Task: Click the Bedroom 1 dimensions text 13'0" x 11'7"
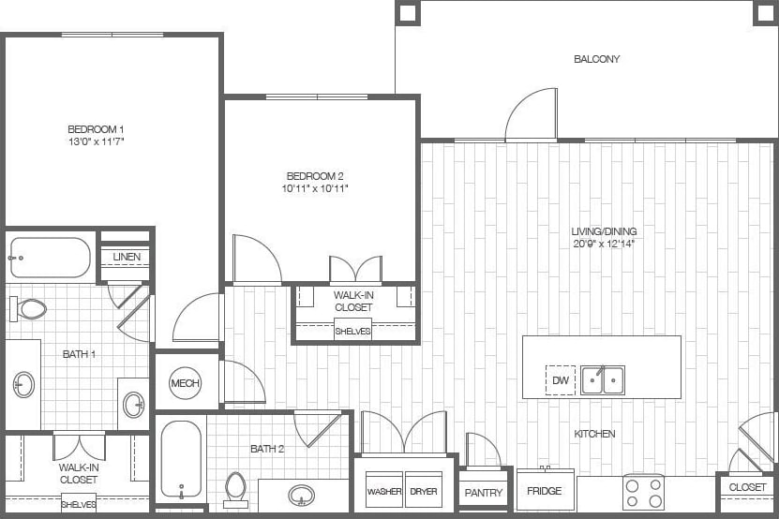pyautogui.click(x=96, y=141)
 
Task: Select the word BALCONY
pyautogui.click(x=596, y=59)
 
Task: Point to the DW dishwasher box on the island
pyautogui.click(x=561, y=380)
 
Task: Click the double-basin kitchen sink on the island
pyautogui.click(x=602, y=380)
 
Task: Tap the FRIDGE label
pyautogui.click(x=545, y=492)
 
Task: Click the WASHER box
pyautogui.click(x=384, y=491)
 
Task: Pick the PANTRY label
pyautogui.click(x=484, y=493)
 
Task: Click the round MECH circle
pyautogui.click(x=184, y=382)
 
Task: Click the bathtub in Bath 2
pyautogui.click(x=180, y=459)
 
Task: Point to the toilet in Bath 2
pyautogui.click(x=235, y=488)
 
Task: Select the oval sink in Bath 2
pyautogui.click(x=302, y=494)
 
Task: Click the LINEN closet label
pyautogui.click(x=127, y=257)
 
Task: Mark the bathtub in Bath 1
pyautogui.click(x=51, y=258)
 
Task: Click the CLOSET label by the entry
pyautogui.click(x=747, y=487)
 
